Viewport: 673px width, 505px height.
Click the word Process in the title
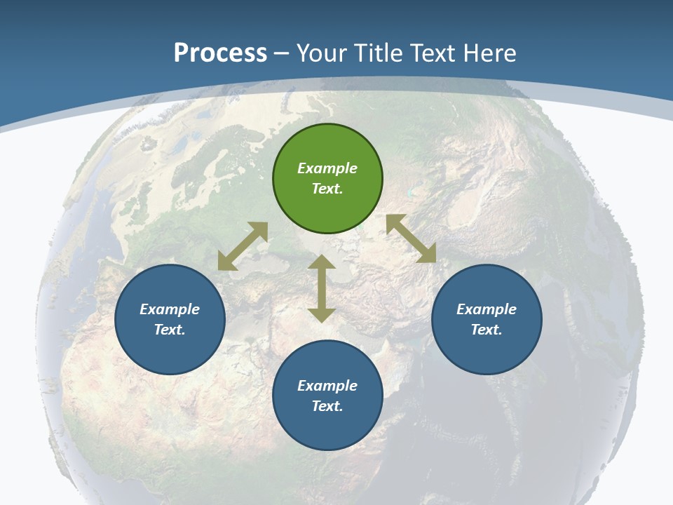[220, 53]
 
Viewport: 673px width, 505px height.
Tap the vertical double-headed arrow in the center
[322, 289]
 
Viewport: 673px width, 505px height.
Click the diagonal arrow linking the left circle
[243, 246]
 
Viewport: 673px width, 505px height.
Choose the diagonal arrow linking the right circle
[411, 238]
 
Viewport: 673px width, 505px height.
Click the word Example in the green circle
[327, 168]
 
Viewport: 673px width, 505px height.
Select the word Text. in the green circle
[327, 189]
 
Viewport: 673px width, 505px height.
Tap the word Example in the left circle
[170, 309]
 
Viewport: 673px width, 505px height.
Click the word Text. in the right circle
[487, 330]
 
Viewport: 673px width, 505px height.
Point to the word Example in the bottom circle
[327, 386]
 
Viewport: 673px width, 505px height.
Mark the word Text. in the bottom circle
[327, 406]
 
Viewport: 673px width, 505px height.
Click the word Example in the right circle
[487, 309]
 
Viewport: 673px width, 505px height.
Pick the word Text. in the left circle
[170, 330]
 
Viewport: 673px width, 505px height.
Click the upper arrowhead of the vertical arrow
[322, 262]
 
